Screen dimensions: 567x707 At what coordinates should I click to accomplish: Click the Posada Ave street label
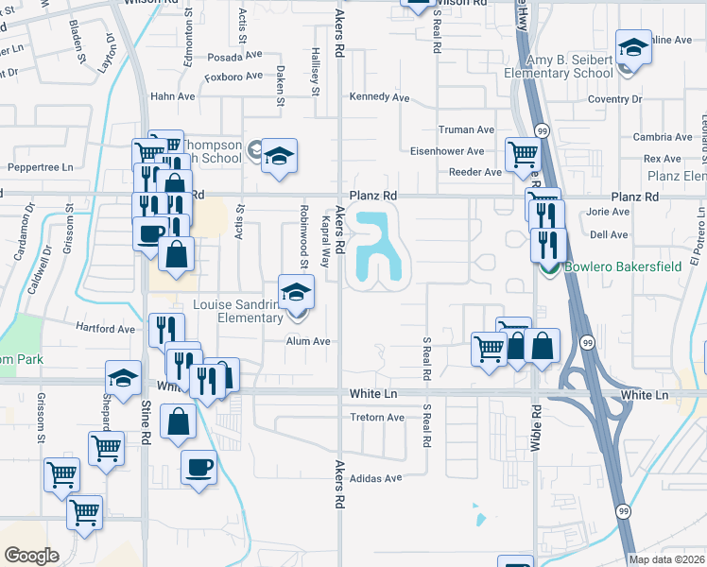[x=232, y=57]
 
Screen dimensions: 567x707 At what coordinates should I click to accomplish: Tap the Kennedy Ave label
[x=379, y=97]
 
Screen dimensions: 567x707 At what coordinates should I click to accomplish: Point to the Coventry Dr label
[x=614, y=98]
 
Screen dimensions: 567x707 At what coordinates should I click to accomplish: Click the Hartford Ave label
[x=106, y=329]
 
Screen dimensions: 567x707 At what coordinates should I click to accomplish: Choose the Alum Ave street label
[x=308, y=341]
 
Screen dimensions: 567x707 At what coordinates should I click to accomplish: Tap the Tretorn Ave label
[x=377, y=418]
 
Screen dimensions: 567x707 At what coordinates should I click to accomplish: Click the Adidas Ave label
[x=376, y=478]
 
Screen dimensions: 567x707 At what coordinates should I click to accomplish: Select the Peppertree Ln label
[x=40, y=167]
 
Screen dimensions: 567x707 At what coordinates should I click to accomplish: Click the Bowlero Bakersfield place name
[x=623, y=266]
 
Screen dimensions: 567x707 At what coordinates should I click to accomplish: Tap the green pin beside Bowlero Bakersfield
[x=548, y=267]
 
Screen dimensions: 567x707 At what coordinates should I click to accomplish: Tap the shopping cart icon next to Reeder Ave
[x=522, y=152]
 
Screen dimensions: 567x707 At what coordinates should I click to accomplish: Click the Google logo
[x=31, y=555]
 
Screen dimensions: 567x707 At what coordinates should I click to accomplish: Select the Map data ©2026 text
[x=666, y=559]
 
